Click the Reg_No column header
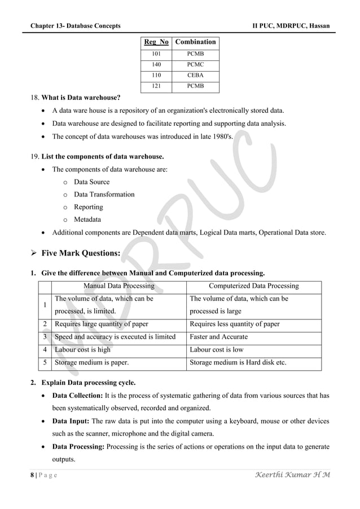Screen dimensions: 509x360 tap(156, 42)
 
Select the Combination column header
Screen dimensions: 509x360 tap(195, 42)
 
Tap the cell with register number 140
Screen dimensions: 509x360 tap(156, 64)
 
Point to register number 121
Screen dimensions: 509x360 tap(156, 86)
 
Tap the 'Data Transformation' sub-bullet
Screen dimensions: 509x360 tap(104, 194)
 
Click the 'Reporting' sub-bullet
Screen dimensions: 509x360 tap(89, 207)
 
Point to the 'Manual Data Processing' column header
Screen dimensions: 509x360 tap(118, 286)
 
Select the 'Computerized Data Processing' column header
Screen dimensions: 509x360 tap(253, 286)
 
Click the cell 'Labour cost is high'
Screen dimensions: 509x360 tap(82, 349)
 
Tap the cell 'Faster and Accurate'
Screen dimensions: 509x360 tap(218, 337)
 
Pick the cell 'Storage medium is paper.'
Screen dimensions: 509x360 tap(90, 362)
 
